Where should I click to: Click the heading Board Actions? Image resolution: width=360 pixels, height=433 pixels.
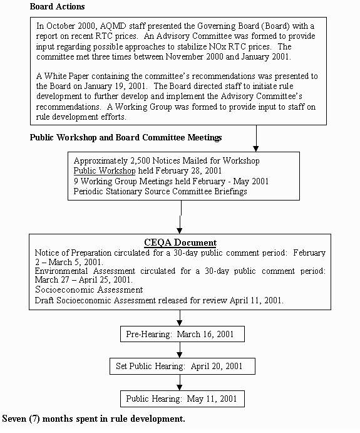[x=58, y=6]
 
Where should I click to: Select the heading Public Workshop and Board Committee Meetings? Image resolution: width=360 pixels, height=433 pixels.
[x=125, y=137]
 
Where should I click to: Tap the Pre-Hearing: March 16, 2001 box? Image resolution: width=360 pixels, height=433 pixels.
[x=180, y=335]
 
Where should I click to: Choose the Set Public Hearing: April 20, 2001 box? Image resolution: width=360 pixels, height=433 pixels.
[x=179, y=366]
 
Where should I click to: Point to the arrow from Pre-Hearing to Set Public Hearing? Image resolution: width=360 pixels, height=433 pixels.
[x=180, y=350]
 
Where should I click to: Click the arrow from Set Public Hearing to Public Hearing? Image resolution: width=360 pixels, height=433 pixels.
[x=180, y=382]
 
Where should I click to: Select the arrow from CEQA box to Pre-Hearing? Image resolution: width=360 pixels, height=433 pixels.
[x=180, y=318]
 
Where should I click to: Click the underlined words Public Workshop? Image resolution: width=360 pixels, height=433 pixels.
[x=104, y=170]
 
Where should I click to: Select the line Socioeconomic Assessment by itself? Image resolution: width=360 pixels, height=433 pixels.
[x=88, y=290]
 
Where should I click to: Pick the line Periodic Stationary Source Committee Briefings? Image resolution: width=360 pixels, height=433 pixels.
[x=160, y=191]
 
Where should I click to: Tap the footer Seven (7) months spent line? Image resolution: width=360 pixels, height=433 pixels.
[x=94, y=419]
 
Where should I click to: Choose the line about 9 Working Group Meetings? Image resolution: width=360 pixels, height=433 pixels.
[x=162, y=181]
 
